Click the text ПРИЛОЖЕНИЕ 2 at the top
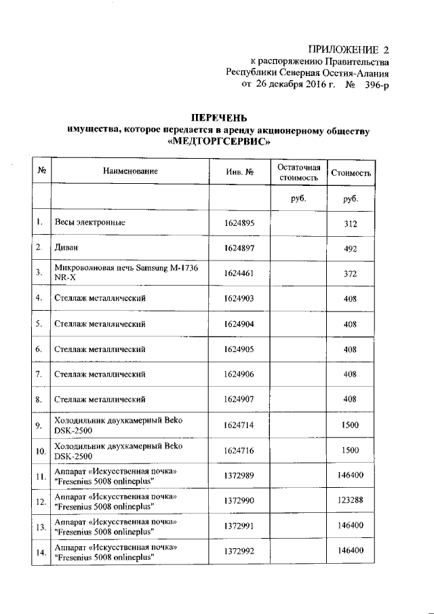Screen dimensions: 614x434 [349, 50]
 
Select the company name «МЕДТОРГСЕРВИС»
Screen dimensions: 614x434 [217, 142]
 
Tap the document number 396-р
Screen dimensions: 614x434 [377, 85]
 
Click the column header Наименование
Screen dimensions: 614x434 [130, 172]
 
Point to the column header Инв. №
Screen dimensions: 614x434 [239, 172]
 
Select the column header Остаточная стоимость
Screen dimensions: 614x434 [298, 172]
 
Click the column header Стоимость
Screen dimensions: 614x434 [350, 173]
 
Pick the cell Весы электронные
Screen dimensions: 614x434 [90, 223]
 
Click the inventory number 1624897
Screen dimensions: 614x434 [239, 248]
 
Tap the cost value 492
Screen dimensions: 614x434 [350, 249]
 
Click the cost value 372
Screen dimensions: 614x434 [350, 273]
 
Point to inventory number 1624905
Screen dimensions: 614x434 [239, 349]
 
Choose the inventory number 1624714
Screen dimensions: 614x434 [239, 425]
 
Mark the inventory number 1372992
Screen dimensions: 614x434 [239, 552]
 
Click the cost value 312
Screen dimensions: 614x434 [350, 223]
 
